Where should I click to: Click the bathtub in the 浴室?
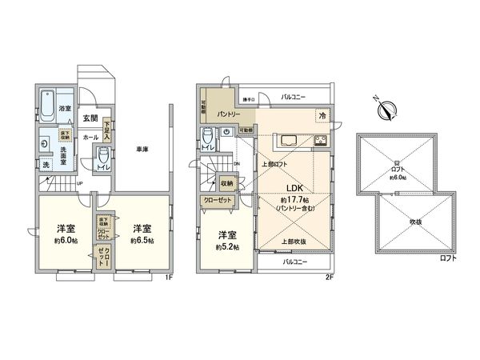[x=46, y=101]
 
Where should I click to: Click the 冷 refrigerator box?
[x=322, y=114]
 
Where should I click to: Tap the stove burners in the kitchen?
[x=319, y=143]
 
